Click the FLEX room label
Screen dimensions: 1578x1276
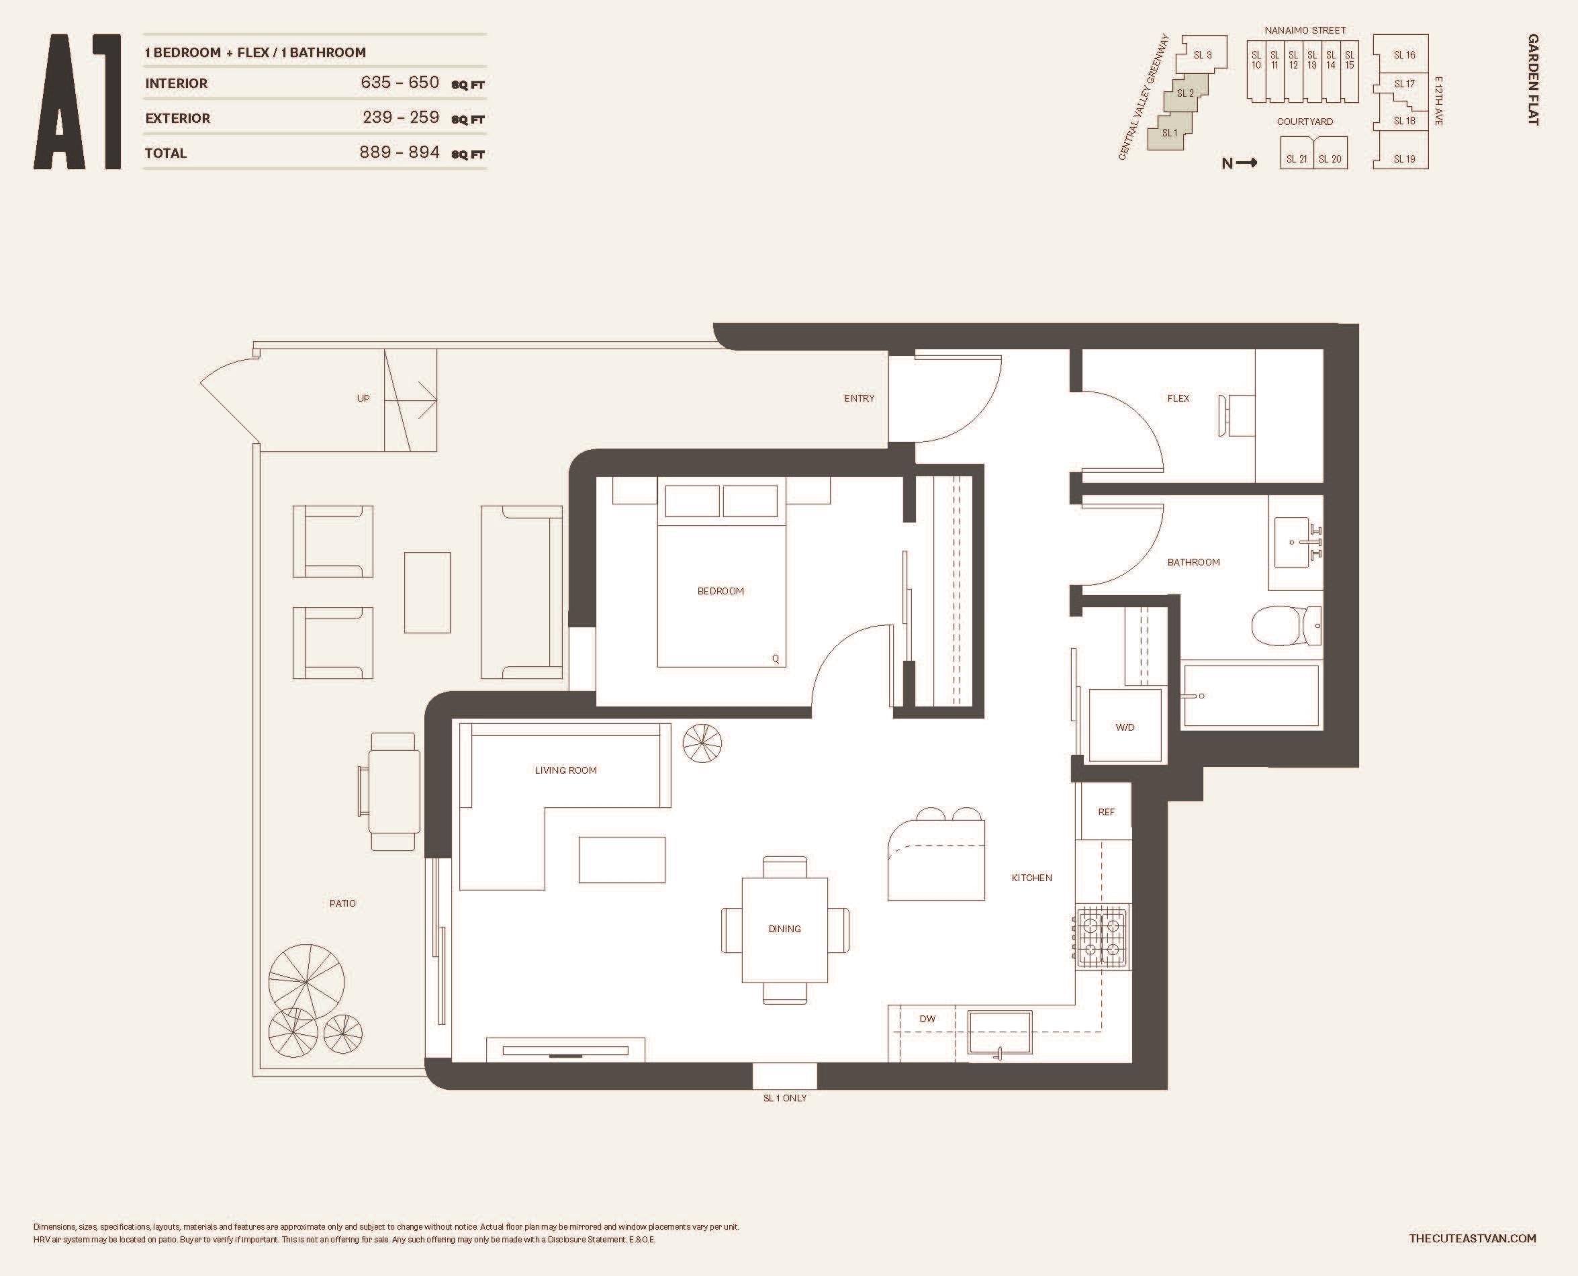click(1178, 398)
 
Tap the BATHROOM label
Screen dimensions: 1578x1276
click(1194, 562)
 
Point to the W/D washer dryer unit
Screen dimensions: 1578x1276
click(1125, 725)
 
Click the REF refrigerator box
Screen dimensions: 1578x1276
click(1105, 812)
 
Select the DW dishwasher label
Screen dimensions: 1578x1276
click(927, 1019)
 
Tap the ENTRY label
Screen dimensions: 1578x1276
click(860, 398)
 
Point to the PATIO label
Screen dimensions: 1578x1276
click(342, 903)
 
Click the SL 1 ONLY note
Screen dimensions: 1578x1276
click(785, 1098)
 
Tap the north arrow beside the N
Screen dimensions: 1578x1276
click(1246, 163)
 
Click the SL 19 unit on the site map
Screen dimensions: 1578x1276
click(1405, 158)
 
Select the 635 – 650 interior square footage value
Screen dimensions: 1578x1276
click(400, 83)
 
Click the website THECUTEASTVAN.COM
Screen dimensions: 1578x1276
click(1473, 1238)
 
